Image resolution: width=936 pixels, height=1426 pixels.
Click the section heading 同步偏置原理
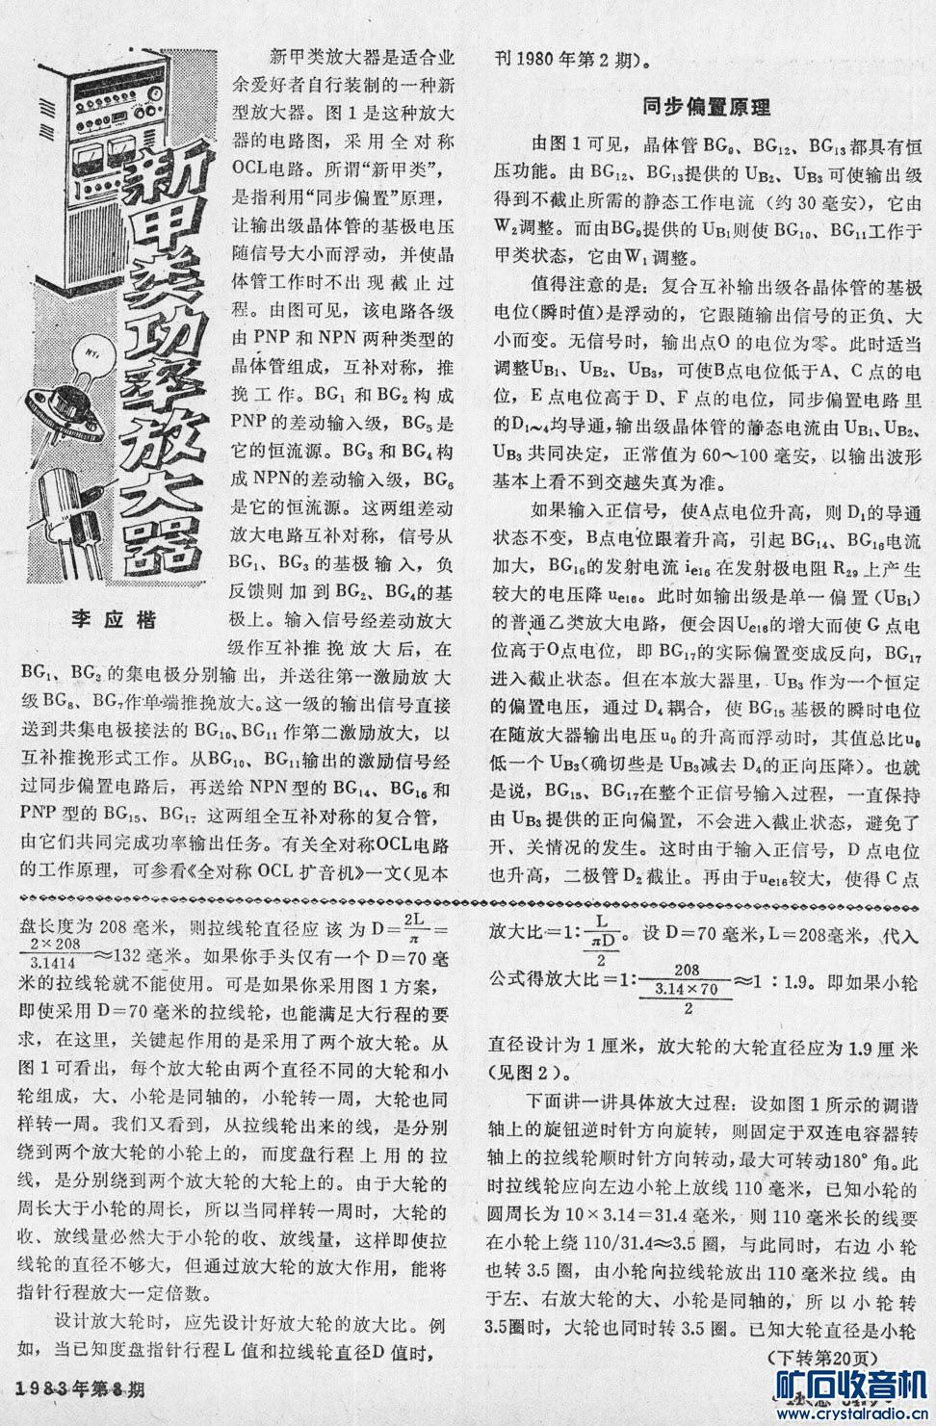click(705, 108)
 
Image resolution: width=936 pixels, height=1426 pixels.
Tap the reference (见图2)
click(526, 1073)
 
